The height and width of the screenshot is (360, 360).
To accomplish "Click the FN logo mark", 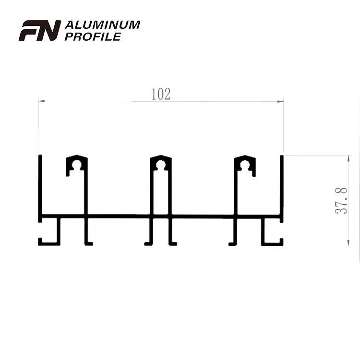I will (x=40, y=30).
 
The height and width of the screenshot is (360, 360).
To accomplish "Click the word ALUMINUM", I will (x=102, y=24).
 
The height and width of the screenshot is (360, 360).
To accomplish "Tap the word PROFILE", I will (x=93, y=36).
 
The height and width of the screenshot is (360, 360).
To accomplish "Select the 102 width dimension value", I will (x=161, y=95).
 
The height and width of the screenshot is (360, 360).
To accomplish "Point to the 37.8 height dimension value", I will (x=341, y=201).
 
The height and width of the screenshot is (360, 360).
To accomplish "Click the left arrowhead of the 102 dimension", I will (x=41, y=101).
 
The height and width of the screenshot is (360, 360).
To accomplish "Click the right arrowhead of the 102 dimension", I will (x=281, y=101).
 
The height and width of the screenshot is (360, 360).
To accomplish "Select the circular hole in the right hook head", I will (x=245, y=165).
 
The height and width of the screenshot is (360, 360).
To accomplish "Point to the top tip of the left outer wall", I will (x=40, y=156).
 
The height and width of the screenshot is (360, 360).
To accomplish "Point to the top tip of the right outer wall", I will (x=282, y=156).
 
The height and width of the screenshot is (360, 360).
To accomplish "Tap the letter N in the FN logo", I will (x=50, y=30).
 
